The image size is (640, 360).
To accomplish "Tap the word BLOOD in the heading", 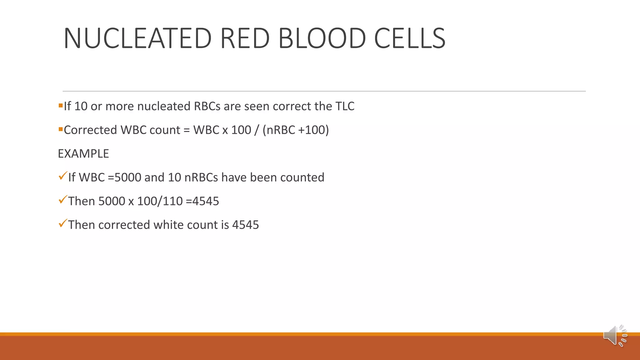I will pos(322,38).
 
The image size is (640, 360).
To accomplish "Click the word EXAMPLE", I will pos(83,154).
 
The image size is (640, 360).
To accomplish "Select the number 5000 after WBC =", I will pos(128,177).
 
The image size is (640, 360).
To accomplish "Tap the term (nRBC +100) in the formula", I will pos(296,130).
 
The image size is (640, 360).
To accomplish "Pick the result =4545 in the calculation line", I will pos(202,201).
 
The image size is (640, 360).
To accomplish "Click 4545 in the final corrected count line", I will pos(246,225).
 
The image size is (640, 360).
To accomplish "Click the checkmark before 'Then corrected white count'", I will pos(62,223).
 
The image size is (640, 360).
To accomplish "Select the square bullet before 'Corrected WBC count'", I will pos(61,129).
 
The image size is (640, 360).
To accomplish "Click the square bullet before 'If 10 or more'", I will pos(61,105).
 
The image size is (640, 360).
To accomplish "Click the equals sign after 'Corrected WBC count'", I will pos(187,130).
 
